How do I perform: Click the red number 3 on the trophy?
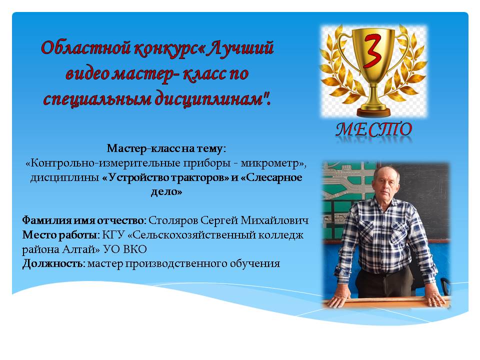[372, 51]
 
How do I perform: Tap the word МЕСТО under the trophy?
[374, 129]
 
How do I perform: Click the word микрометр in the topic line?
[269, 163]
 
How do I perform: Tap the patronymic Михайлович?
[274, 220]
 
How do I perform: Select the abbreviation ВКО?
[134, 249]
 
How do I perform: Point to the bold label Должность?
[53, 263]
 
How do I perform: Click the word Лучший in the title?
[239, 48]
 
